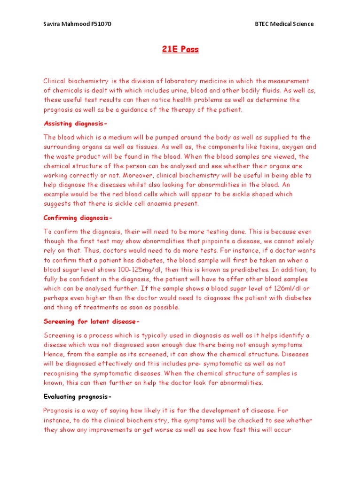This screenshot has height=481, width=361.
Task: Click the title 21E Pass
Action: click(180, 50)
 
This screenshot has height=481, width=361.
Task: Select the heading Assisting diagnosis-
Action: click(76, 124)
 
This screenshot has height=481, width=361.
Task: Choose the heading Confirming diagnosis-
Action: click(78, 218)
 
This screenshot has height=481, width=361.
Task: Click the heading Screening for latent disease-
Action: click(92, 322)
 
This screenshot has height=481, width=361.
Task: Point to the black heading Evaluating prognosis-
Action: click(78, 397)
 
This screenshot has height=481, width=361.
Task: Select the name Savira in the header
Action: click(53, 24)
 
